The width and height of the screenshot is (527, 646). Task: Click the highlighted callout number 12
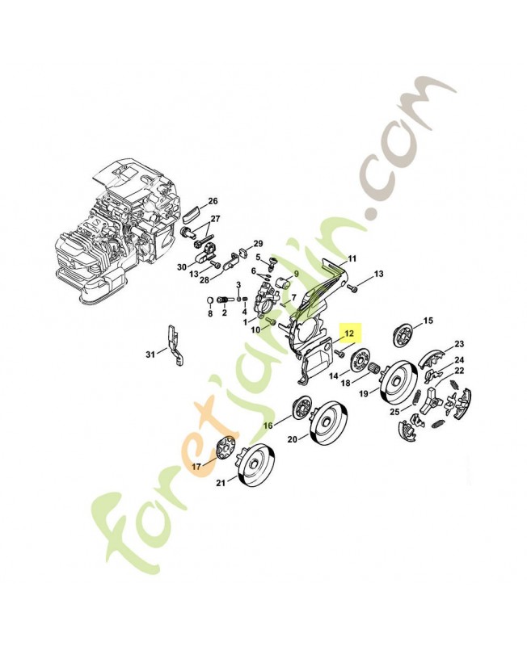pyautogui.click(x=349, y=333)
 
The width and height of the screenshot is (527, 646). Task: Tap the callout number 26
pyautogui.click(x=213, y=201)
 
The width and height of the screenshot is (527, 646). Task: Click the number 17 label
pyautogui.click(x=196, y=467)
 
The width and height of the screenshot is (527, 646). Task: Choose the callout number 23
pyautogui.click(x=459, y=343)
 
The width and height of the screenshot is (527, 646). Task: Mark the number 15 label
pyautogui.click(x=428, y=321)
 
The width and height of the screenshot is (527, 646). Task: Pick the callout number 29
pyautogui.click(x=258, y=244)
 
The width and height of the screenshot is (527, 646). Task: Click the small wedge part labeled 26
pyautogui.click(x=193, y=214)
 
